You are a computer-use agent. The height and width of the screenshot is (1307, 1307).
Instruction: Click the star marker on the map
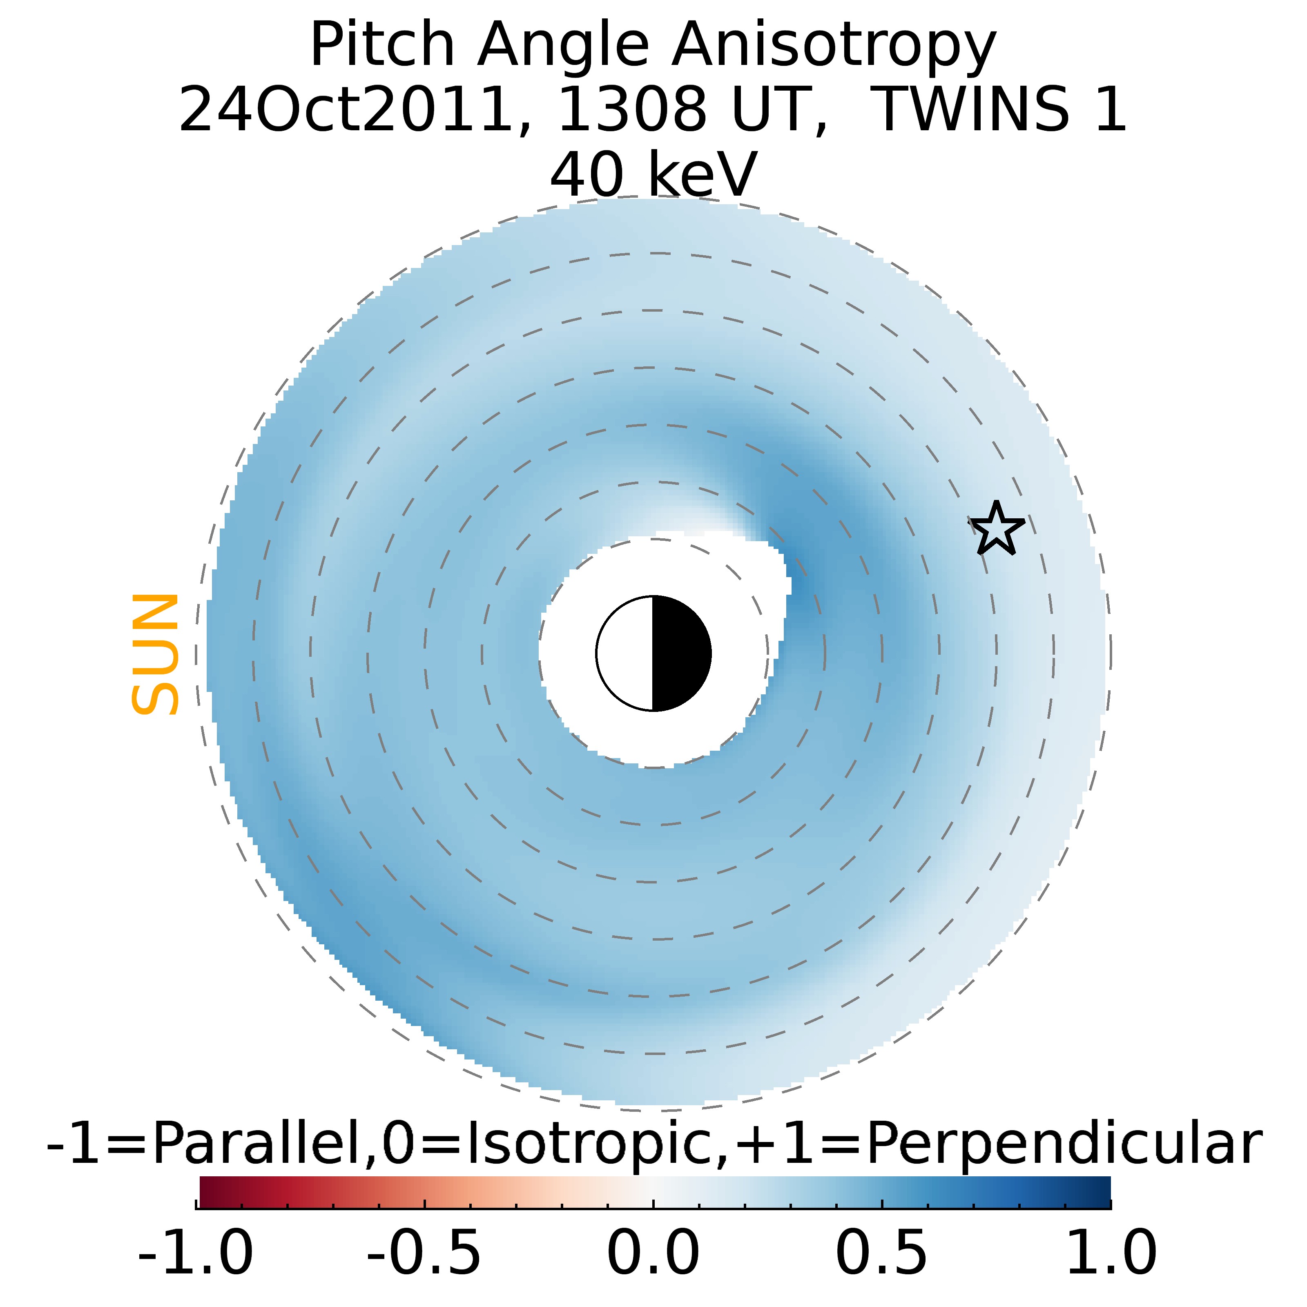(997, 529)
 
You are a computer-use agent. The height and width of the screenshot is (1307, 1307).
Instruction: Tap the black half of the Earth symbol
(680, 653)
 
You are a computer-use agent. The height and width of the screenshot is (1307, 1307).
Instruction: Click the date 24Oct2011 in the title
(345, 109)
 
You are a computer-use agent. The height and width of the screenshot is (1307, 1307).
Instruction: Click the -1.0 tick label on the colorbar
(196, 1253)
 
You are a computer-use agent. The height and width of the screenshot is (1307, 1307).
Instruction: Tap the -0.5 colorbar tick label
(424, 1253)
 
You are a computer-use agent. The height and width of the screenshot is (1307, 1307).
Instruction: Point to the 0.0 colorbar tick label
(653, 1253)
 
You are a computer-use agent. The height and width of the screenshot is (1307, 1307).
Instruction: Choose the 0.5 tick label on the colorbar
(882, 1253)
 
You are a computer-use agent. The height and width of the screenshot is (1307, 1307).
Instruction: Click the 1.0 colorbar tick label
(1111, 1253)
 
